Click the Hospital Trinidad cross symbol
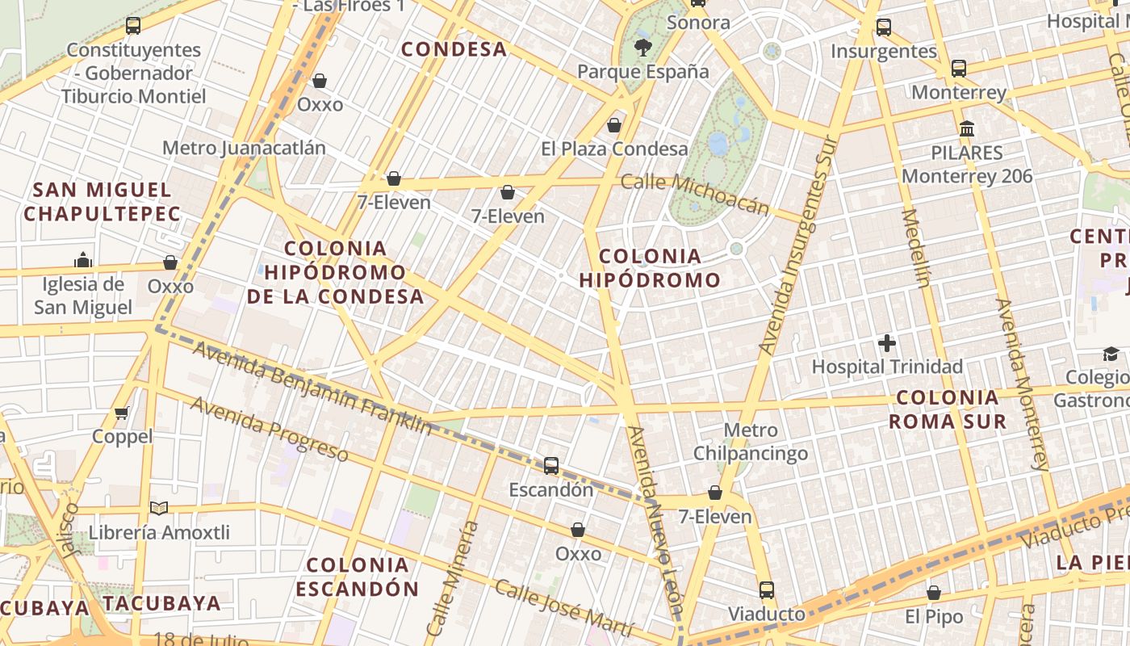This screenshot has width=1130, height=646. (x=887, y=343)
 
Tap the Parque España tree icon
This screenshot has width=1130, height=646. (x=643, y=47)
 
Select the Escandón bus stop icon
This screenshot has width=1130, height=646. (x=551, y=465)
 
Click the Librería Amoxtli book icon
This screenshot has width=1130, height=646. (x=159, y=508)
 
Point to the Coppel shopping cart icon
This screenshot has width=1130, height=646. (x=122, y=413)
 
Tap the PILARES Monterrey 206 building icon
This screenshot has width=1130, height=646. (x=967, y=128)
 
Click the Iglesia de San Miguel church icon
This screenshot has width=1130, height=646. (x=83, y=260)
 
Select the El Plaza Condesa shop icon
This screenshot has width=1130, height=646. (x=614, y=124)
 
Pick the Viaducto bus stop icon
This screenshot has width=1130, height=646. (x=766, y=589)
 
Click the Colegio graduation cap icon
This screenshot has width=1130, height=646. (x=1111, y=354)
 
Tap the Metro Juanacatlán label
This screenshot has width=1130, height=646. (x=244, y=148)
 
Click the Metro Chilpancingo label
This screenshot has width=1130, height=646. (x=751, y=442)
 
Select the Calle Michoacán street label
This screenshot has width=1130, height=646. (x=695, y=194)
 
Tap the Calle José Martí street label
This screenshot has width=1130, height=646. (x=564, y=607)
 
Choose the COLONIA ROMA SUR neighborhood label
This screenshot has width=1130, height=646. (x=948, y=409)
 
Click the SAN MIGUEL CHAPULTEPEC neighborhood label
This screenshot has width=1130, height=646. (x=102, y=202)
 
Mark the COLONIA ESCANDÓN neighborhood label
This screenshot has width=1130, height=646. (x=358, y=577)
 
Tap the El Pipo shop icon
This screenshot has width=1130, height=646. (x=934, y=593)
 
